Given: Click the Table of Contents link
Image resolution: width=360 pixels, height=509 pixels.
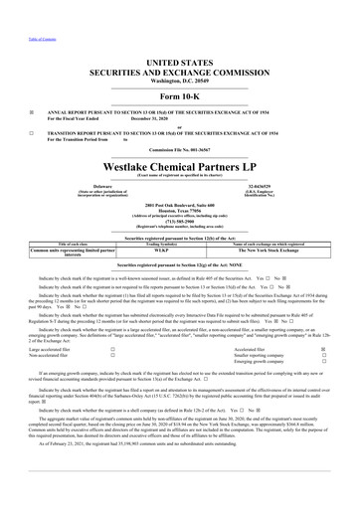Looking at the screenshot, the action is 17,7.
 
